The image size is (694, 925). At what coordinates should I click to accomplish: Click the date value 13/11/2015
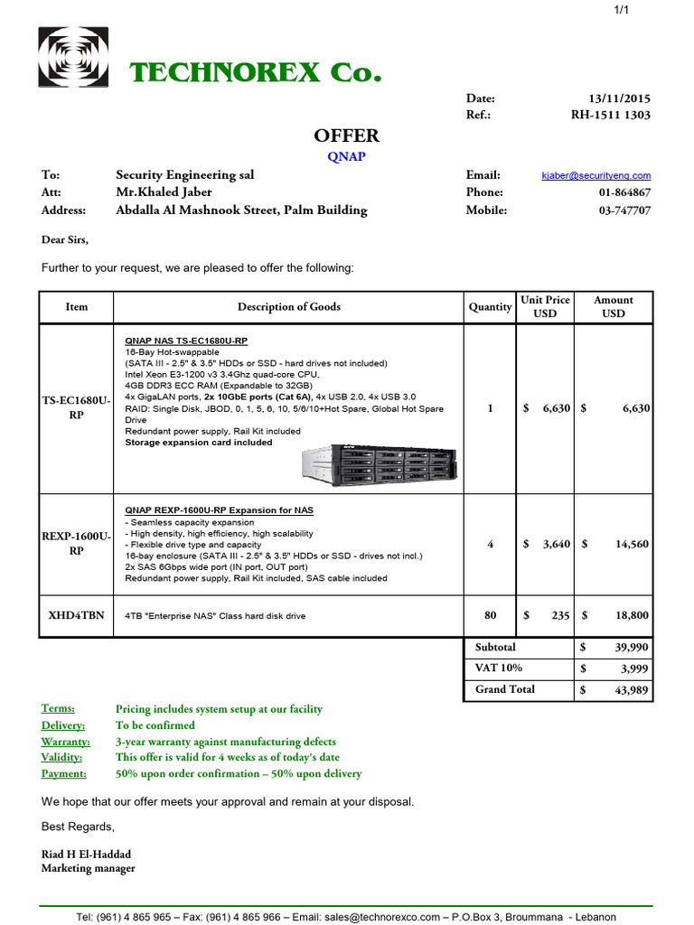[619, 98]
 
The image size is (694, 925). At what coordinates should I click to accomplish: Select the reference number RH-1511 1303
[610, 115]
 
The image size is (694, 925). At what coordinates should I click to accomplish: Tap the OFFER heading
[346, 135]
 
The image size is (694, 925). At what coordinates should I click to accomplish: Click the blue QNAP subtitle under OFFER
[346, 155]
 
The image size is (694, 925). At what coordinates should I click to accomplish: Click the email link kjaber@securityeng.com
[596, 176]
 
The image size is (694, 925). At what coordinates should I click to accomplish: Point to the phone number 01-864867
[624, 192]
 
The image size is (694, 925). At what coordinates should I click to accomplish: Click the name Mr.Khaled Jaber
[164, 192]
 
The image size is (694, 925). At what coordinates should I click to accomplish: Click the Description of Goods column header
[288, 307]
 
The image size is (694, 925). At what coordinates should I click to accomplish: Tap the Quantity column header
[490, 307]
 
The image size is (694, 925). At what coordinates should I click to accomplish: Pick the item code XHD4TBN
[76, 615]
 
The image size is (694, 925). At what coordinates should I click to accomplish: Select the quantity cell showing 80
[490, 615]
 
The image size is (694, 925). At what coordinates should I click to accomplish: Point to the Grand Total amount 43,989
[630, 690]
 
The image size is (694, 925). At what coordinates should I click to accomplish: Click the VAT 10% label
[498, 668]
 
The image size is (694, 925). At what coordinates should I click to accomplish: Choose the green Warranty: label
[63, 742]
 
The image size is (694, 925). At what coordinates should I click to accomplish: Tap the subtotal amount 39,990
[630, 648]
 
